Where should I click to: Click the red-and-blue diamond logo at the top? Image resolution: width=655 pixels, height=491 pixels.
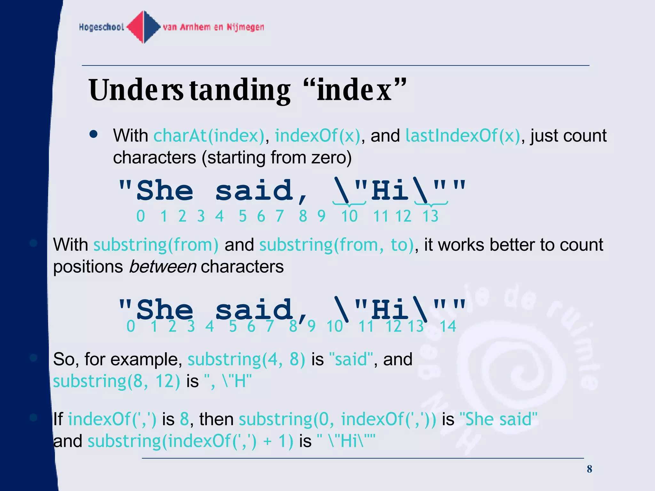pos(144,27)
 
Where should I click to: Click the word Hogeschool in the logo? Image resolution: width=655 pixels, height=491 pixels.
pos(101,27)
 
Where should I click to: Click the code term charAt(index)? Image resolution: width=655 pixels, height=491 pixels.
pos(209,136)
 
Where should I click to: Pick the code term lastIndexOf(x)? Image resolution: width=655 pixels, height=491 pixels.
pos(463,136)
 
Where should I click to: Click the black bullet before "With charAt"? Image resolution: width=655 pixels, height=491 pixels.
pos(93,134)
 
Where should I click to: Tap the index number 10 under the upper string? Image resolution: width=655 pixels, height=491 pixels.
pos(349,216)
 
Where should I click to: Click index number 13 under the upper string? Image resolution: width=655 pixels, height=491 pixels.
pos(430,216)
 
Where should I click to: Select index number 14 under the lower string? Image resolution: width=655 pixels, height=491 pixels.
pos(448,326)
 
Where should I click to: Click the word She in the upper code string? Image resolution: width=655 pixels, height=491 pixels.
pos(165,191)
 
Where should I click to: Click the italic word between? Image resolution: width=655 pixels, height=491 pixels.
pos(162,267)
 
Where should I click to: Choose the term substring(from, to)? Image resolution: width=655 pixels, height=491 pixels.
pos(336,245)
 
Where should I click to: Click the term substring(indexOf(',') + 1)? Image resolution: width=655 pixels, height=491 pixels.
pos(190,441)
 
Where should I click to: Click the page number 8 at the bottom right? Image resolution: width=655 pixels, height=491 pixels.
pos(589,469)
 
